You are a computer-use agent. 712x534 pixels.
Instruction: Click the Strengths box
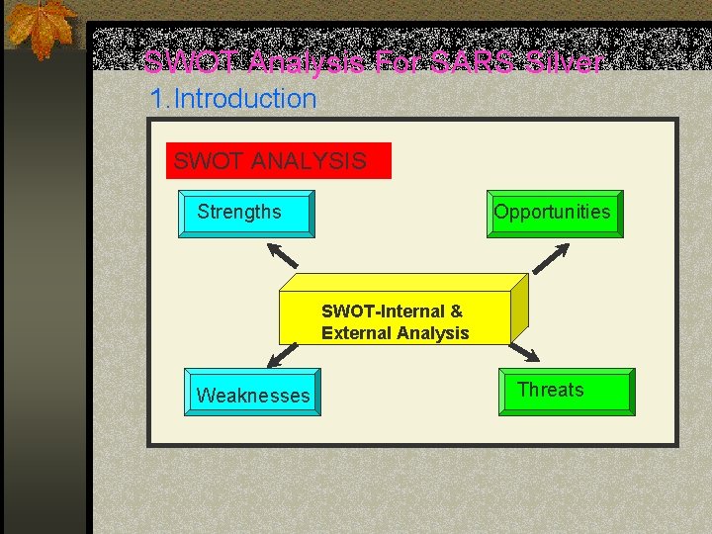[245, 213]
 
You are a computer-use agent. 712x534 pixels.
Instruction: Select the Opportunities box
[553, 213]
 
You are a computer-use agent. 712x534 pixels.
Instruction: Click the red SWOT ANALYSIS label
[278, 160]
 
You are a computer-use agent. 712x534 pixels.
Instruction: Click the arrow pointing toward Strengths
[284, 255]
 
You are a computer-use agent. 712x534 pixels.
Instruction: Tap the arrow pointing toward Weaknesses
[284, 354]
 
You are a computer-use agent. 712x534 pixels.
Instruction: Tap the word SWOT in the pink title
[192, 63]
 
